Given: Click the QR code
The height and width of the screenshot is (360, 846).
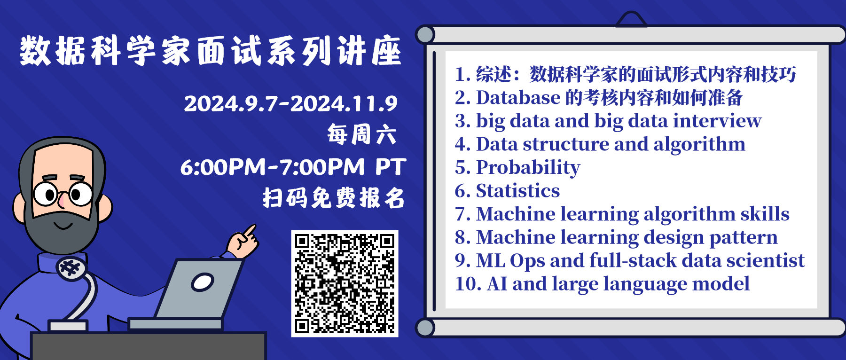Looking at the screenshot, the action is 345,283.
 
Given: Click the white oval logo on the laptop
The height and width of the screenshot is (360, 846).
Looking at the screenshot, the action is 203,282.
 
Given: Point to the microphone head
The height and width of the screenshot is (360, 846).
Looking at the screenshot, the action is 71,268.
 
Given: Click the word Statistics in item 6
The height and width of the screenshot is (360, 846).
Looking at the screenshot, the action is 518,191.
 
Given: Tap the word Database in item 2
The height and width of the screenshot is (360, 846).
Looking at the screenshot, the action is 518,98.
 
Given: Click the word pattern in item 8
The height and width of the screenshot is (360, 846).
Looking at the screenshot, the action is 744,238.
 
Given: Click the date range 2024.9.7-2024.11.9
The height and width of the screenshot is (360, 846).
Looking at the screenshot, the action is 291,103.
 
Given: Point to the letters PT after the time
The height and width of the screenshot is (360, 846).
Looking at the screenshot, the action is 391,167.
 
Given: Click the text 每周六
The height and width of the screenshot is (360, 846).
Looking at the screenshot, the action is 362,135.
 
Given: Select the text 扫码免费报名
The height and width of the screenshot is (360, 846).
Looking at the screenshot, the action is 334,198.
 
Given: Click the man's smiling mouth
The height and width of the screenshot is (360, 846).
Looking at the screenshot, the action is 63,226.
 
